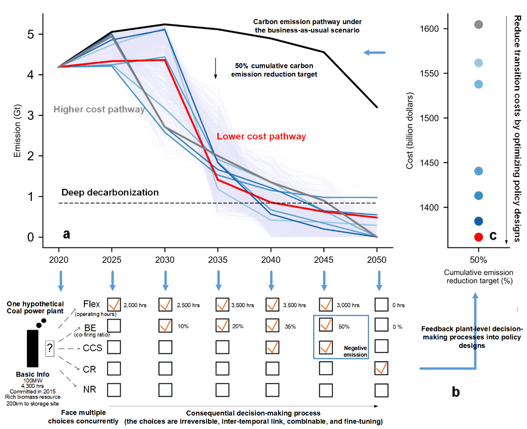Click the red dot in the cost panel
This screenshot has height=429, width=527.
pyautogui.click(x=479, y=237)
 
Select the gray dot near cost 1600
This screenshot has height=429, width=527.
pyautogui.click(x=479, y=24)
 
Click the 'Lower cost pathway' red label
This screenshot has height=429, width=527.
pyautogui.click(x=261, y=136)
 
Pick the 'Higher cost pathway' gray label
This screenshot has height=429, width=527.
pyautogui.click(x=99, y=110)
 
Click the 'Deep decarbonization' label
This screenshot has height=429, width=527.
pyautogui.click(x=110, y=193)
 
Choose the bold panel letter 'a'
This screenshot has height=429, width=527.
pyautogui.click(x=67, y=234)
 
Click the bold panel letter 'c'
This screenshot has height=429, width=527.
pyautogui.click(x=493, y=236)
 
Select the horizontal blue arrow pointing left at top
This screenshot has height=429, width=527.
pyautogui.click(x=375, y=52)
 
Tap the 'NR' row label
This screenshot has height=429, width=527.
pyautogui.click(x=89, y=389)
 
